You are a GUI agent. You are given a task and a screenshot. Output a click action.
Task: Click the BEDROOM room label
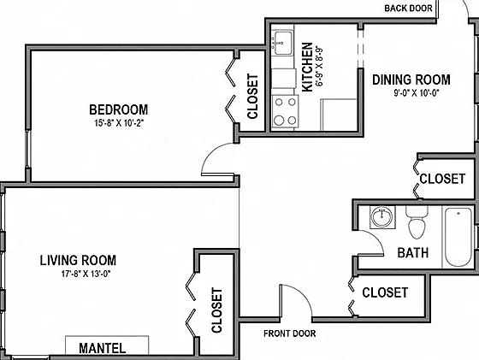tap(119, 109)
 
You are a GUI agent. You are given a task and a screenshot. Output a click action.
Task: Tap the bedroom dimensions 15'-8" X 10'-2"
tap(119, 123)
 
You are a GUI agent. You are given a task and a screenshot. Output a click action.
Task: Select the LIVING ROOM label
tap(78, 260)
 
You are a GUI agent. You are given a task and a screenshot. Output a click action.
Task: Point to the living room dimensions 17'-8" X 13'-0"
tap(86, 274)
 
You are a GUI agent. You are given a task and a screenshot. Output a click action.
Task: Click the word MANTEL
tap(103, 348)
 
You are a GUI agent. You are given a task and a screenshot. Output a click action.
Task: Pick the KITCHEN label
tap(307, 68)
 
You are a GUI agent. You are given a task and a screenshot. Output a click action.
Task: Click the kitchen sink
tap(282, 43)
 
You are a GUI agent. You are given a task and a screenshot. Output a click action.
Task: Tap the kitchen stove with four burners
tap(285, 111)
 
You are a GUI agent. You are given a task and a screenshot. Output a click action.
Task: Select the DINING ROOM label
tap(411, 80)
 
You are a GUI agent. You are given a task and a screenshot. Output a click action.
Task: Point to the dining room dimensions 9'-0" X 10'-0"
tap(416, 92)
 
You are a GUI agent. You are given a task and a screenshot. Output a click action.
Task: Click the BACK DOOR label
tap(408, 9)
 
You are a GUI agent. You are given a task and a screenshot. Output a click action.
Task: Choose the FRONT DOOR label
tap(290, 333)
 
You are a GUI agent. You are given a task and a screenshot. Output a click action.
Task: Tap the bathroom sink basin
tap(381, 217)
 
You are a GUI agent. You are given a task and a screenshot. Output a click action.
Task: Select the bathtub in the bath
tap(458, 237)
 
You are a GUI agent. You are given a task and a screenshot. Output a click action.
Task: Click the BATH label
tap(413, 253)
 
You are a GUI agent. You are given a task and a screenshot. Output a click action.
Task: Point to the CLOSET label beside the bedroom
tap(252, 96)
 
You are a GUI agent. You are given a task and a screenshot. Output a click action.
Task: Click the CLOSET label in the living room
tap(216, 310)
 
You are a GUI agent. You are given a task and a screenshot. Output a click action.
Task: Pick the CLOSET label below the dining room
tap(442, 179)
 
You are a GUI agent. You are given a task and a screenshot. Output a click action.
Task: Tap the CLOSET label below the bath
tap(385, 292)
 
